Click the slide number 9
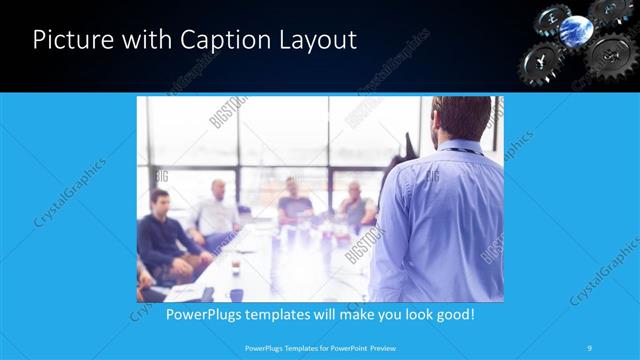point(591,348)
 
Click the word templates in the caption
point(291,314)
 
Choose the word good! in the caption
point(452,314)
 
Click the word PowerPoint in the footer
point(342,348)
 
